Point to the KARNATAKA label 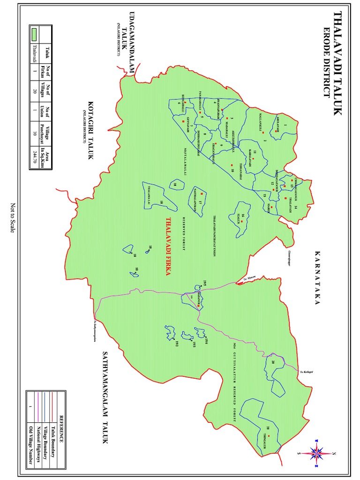317,278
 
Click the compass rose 317,453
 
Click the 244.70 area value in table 35,154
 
